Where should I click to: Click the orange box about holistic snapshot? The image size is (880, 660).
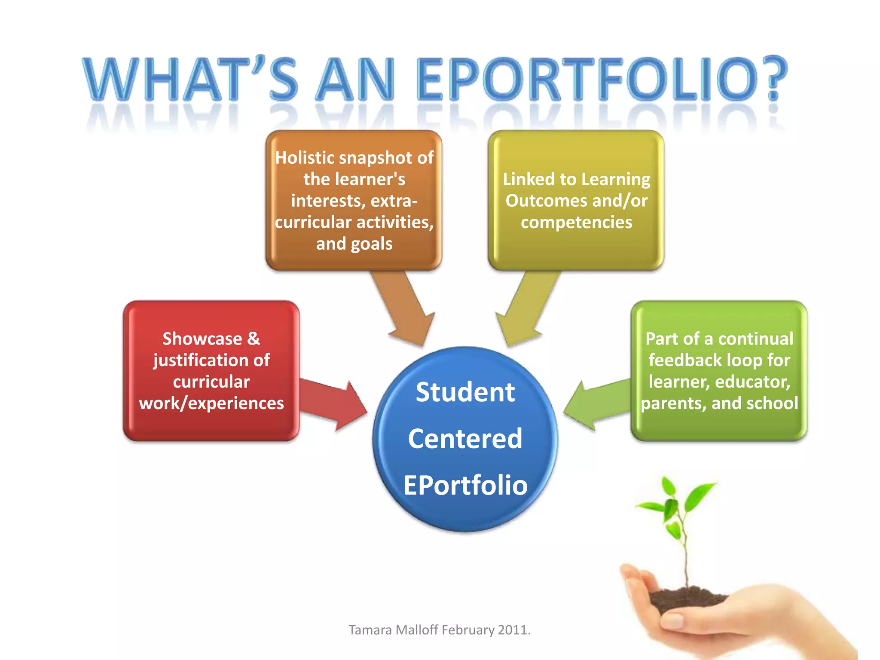pos(354,200)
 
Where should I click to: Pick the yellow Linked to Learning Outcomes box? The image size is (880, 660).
pos(576,200)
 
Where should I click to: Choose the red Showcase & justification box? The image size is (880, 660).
pos(211,370)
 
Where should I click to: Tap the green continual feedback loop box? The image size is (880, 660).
pos(719,370)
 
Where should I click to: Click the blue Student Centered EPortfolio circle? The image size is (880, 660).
pos(465,439)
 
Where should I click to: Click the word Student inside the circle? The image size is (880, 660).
pos(465,392)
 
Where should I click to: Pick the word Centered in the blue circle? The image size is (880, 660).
pos(465,439)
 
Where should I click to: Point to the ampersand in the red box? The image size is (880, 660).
pos(254,339)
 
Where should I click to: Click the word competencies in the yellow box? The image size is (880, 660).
pos(576,222)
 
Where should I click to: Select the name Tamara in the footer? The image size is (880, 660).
pos(370,630)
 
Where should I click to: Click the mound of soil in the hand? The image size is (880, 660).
pos(687,597)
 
